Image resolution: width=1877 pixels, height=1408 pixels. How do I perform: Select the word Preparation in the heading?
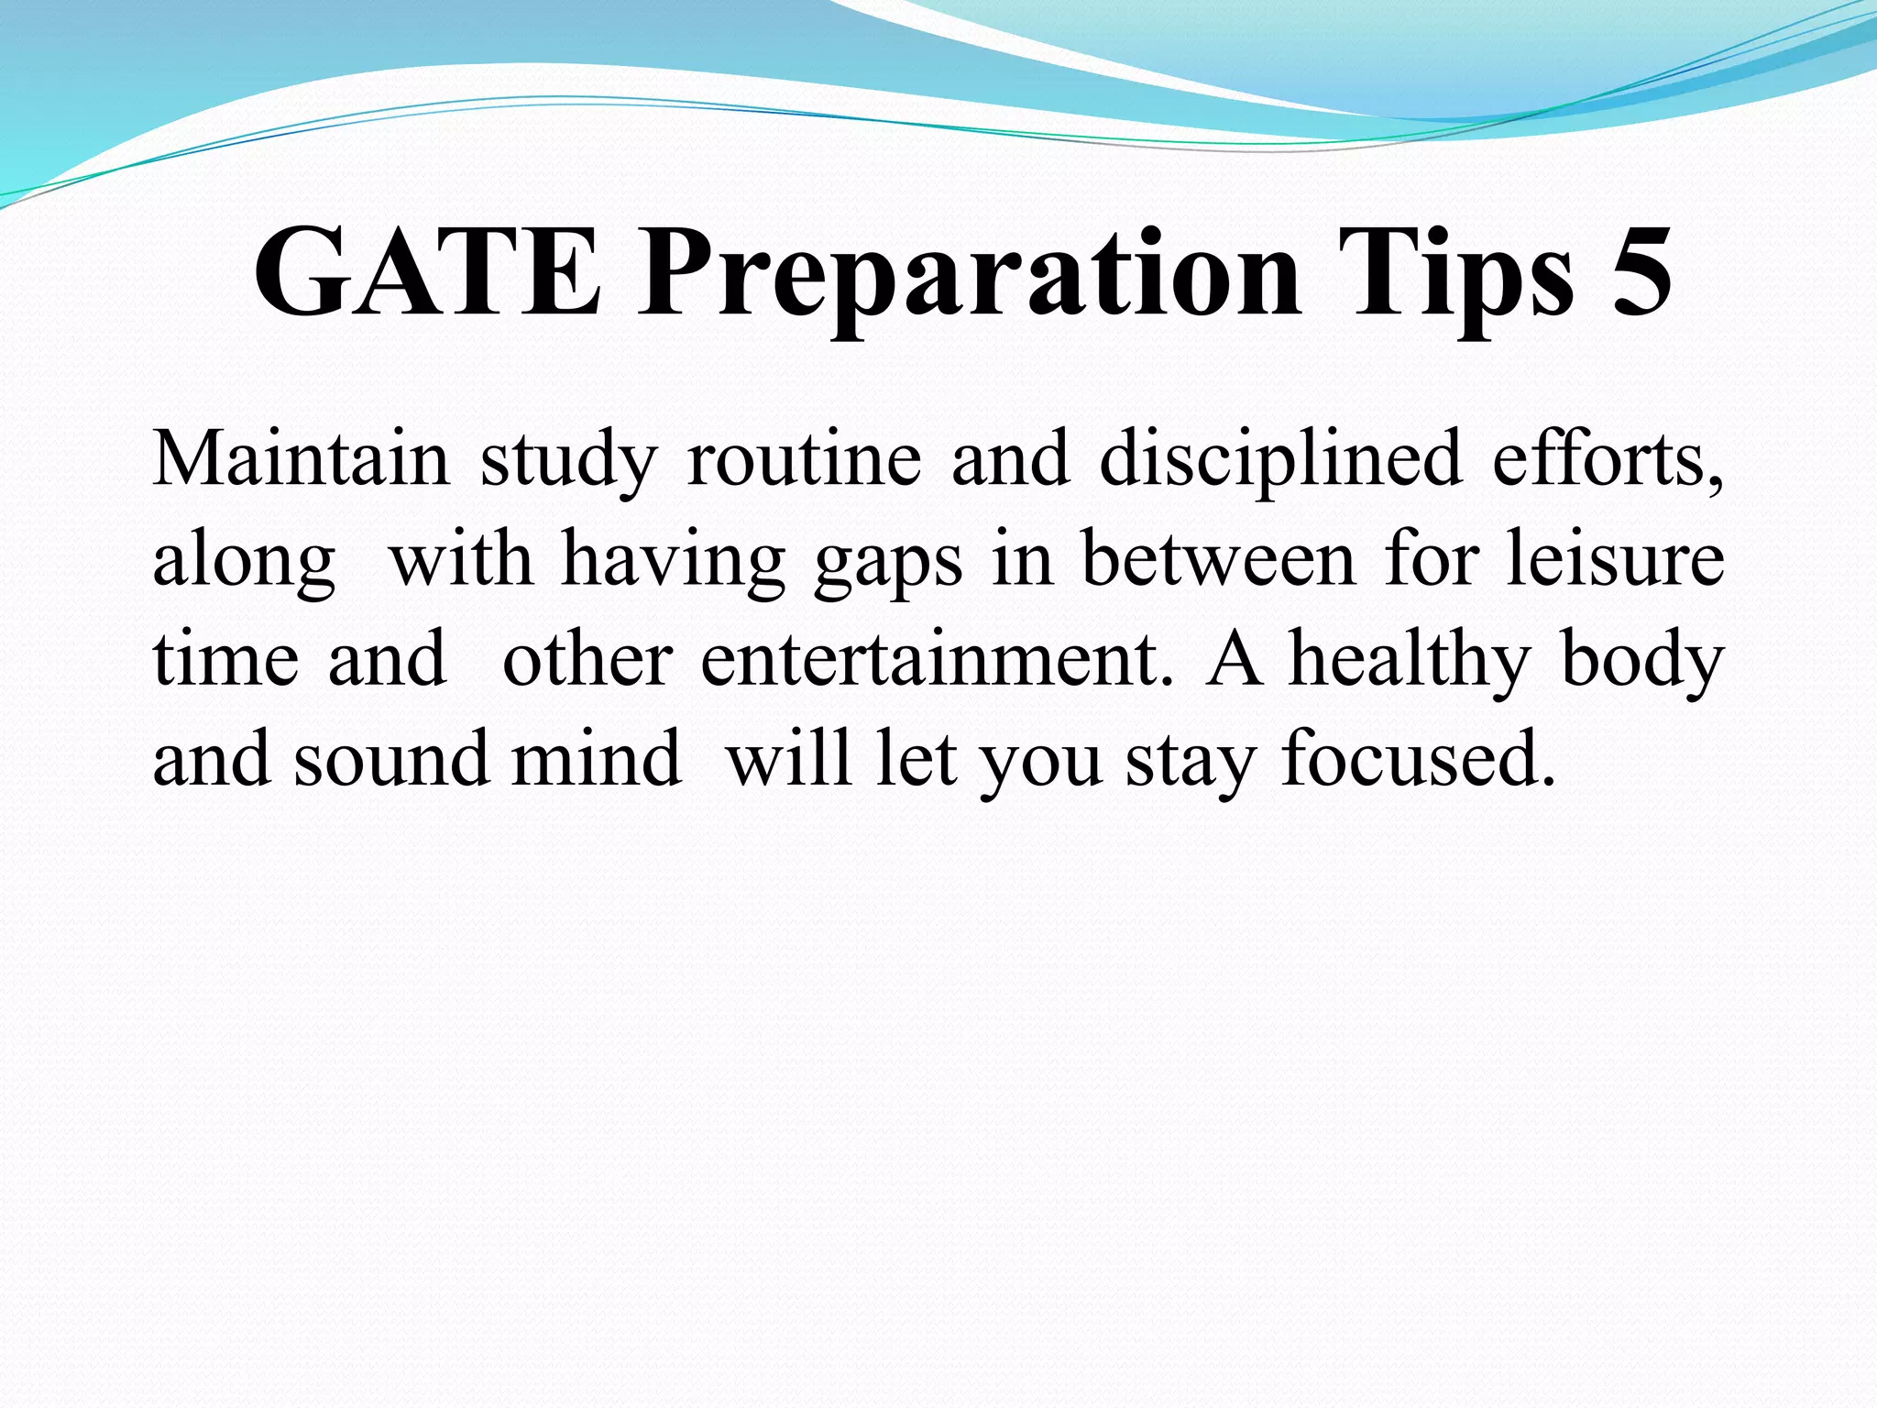[968, 275]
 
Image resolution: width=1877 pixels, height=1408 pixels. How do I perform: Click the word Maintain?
[301, 458]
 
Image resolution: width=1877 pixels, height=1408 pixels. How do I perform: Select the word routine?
[804, 458]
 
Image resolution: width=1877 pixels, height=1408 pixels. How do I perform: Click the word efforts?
[1608, 458]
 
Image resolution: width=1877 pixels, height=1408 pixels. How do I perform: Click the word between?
[1218, 559]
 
